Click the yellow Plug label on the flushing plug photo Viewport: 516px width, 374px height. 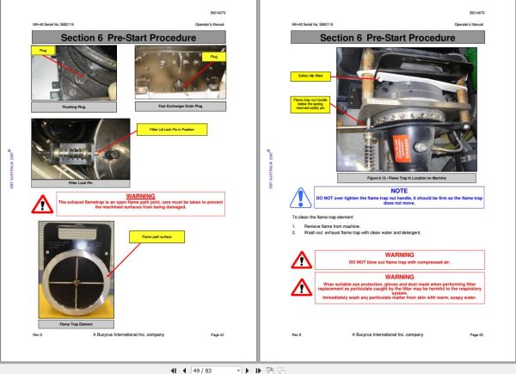[42, 52]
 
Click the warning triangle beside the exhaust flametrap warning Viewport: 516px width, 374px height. [41, 204]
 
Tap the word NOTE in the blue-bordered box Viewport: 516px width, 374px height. [398, 190]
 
